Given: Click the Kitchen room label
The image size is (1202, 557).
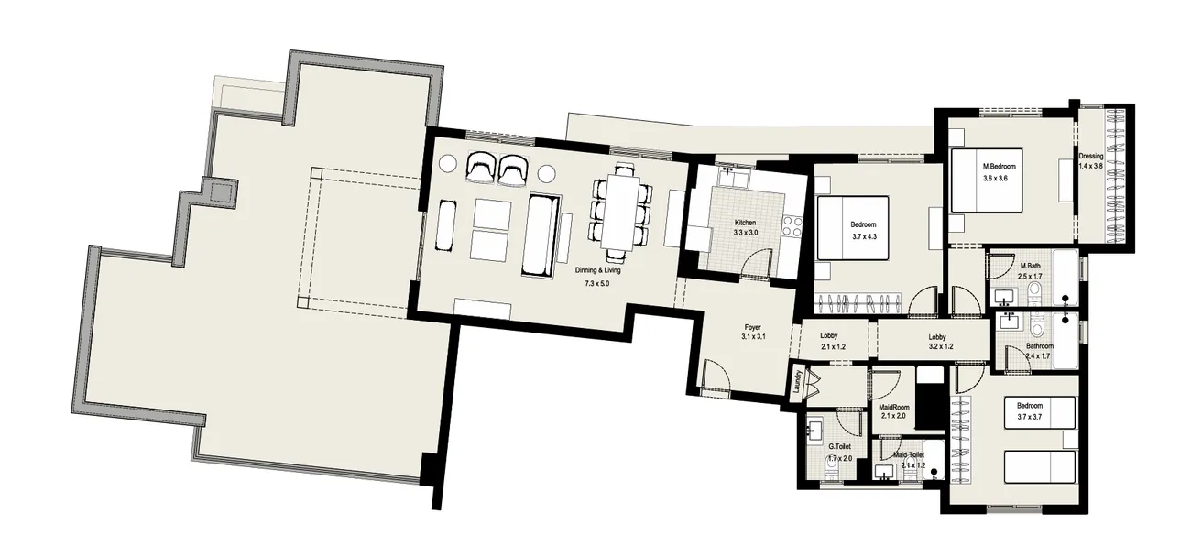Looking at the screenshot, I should [x=744, y=223].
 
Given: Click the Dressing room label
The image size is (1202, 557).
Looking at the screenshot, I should [x=1091, y=156].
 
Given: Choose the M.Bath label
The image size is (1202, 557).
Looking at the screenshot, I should [x=1030, y=266].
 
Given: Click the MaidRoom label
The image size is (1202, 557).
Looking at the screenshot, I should [x=893, y=406].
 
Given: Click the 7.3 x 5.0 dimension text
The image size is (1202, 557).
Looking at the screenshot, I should [x=596, y=284].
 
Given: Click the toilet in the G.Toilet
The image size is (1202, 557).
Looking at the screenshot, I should [x=831, y=468].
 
